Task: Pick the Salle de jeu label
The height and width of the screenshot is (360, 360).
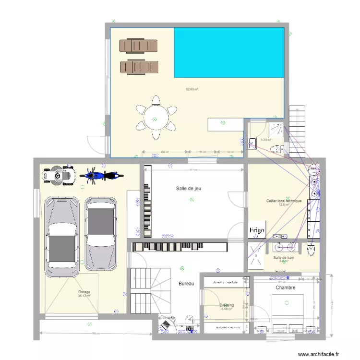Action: (188, 189)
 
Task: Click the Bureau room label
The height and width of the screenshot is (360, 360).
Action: (186, 284)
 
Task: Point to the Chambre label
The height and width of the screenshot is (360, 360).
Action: (285, 288)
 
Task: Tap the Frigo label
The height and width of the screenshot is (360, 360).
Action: (257, 230)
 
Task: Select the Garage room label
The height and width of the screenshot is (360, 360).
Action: (84, 292)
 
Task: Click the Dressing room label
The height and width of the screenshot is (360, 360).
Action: (227, 305)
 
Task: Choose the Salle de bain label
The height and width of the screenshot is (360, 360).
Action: (283, 258)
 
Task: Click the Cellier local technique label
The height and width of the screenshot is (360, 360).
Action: (284, 201)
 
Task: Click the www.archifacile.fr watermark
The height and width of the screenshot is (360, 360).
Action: (321, 354)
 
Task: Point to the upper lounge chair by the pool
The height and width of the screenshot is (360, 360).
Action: (139, 45)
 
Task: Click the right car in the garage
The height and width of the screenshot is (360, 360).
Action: (101, 234)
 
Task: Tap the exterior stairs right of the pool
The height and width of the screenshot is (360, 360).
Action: (297, 130)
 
